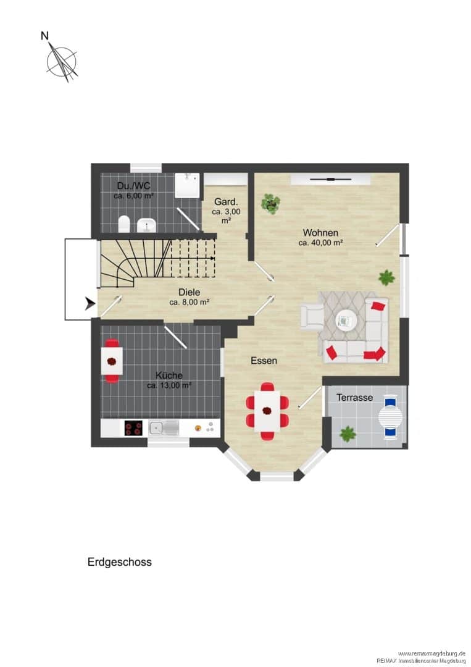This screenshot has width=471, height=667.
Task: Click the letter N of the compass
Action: tap(44, 36)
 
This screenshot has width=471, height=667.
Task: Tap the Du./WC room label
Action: tap(133, 186)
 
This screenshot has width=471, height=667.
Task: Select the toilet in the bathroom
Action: tap(124, 224)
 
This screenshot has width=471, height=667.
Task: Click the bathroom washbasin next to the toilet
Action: tap(147, 225)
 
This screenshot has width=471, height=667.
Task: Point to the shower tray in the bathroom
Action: tap(187, 185)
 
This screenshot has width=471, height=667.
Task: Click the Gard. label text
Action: tap(226, 201)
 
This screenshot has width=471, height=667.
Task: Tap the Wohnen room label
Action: tap(320, 233)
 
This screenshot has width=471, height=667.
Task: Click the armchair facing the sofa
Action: tap(311, 316)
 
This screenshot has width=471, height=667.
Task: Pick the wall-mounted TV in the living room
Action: tap(330, 180)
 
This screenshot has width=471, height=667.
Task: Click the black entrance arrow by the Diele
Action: tap(90, 303)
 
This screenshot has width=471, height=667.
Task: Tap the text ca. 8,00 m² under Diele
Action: tap(189, 303)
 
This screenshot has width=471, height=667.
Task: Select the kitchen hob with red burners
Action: tap(133, 427)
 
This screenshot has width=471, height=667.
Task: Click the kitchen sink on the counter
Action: tap(164, 427)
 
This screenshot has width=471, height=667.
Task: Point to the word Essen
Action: tap(264, 361)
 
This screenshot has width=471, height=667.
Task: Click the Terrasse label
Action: tap(354, 398)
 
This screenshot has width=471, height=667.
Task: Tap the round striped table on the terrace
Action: tap(390, 417)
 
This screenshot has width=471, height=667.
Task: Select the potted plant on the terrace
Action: tap(348, 434)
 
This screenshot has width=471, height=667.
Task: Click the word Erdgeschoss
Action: tap(120, 562)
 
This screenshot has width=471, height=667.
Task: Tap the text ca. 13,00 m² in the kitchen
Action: tap(169, 386)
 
